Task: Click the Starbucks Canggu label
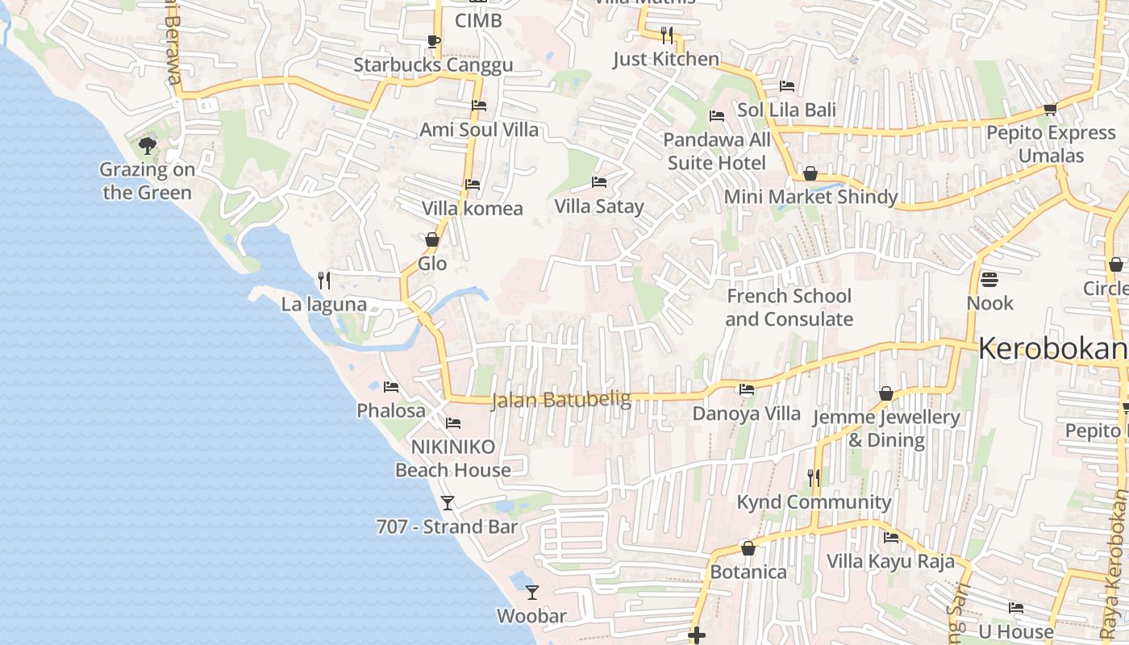click(433, 64)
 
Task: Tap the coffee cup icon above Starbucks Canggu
click(433, 41)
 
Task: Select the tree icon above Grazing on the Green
click(147, 146)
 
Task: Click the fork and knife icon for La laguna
click(324, 281)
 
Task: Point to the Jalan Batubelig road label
click(561, 399)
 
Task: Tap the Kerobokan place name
click(1052, 348)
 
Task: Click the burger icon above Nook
click(989, 280)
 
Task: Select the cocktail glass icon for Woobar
click(531, 593)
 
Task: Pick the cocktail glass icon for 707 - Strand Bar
click(448, 503)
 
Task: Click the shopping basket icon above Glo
click(432, 239)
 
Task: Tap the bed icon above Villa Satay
click(599, 182)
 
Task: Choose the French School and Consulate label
click(789, 307)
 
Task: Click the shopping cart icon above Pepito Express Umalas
click(1050, 109)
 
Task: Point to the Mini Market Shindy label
click(810, 197)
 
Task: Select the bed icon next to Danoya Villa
click(747, 389)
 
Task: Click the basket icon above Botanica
click(748, 548)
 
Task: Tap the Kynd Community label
click(814, 502)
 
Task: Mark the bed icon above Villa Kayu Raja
click(891, 538)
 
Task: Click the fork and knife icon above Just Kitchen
click(666, 35)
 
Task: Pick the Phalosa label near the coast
click(391, 410)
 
